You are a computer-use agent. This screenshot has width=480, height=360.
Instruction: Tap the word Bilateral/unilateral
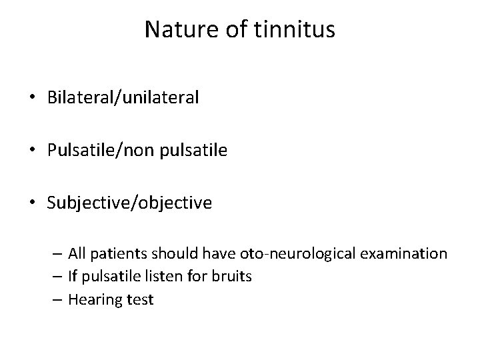123,98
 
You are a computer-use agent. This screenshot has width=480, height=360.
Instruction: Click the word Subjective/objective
130,203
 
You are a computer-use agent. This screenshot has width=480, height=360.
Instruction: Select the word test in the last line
140,300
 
